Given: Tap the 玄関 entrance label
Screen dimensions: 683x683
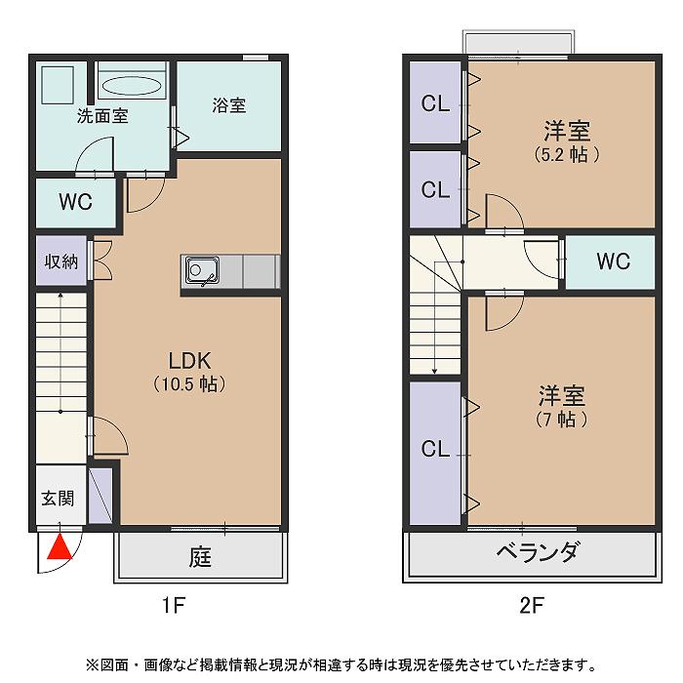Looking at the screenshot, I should [x=58, y=498].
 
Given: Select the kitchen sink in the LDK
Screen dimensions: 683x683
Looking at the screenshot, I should [x=202, y=269].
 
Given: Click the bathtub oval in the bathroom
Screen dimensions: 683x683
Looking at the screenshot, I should [x=133, y=84].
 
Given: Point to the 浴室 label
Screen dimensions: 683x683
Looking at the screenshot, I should [x=228, y=105].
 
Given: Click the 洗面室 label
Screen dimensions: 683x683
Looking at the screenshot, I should [x=102, y=116].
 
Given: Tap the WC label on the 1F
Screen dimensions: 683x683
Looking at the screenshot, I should [x=75, y=202].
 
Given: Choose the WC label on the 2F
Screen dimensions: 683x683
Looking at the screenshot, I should [x=613, y=261].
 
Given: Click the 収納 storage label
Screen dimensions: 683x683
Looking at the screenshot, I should [x=60, y=261].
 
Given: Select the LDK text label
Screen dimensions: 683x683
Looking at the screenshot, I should [x=190, y=358].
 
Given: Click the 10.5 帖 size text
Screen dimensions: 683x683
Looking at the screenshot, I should [x=190, y=383].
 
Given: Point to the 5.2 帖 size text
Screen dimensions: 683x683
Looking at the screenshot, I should [x=567, y=154].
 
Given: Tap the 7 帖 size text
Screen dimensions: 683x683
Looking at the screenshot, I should [x=561, y=420].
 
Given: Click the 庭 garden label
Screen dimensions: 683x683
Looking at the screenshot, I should [x=200, y=558].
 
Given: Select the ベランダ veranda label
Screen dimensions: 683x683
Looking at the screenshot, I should [x=537, y=553].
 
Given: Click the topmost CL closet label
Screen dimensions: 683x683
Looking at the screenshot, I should [x=435, y=103].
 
